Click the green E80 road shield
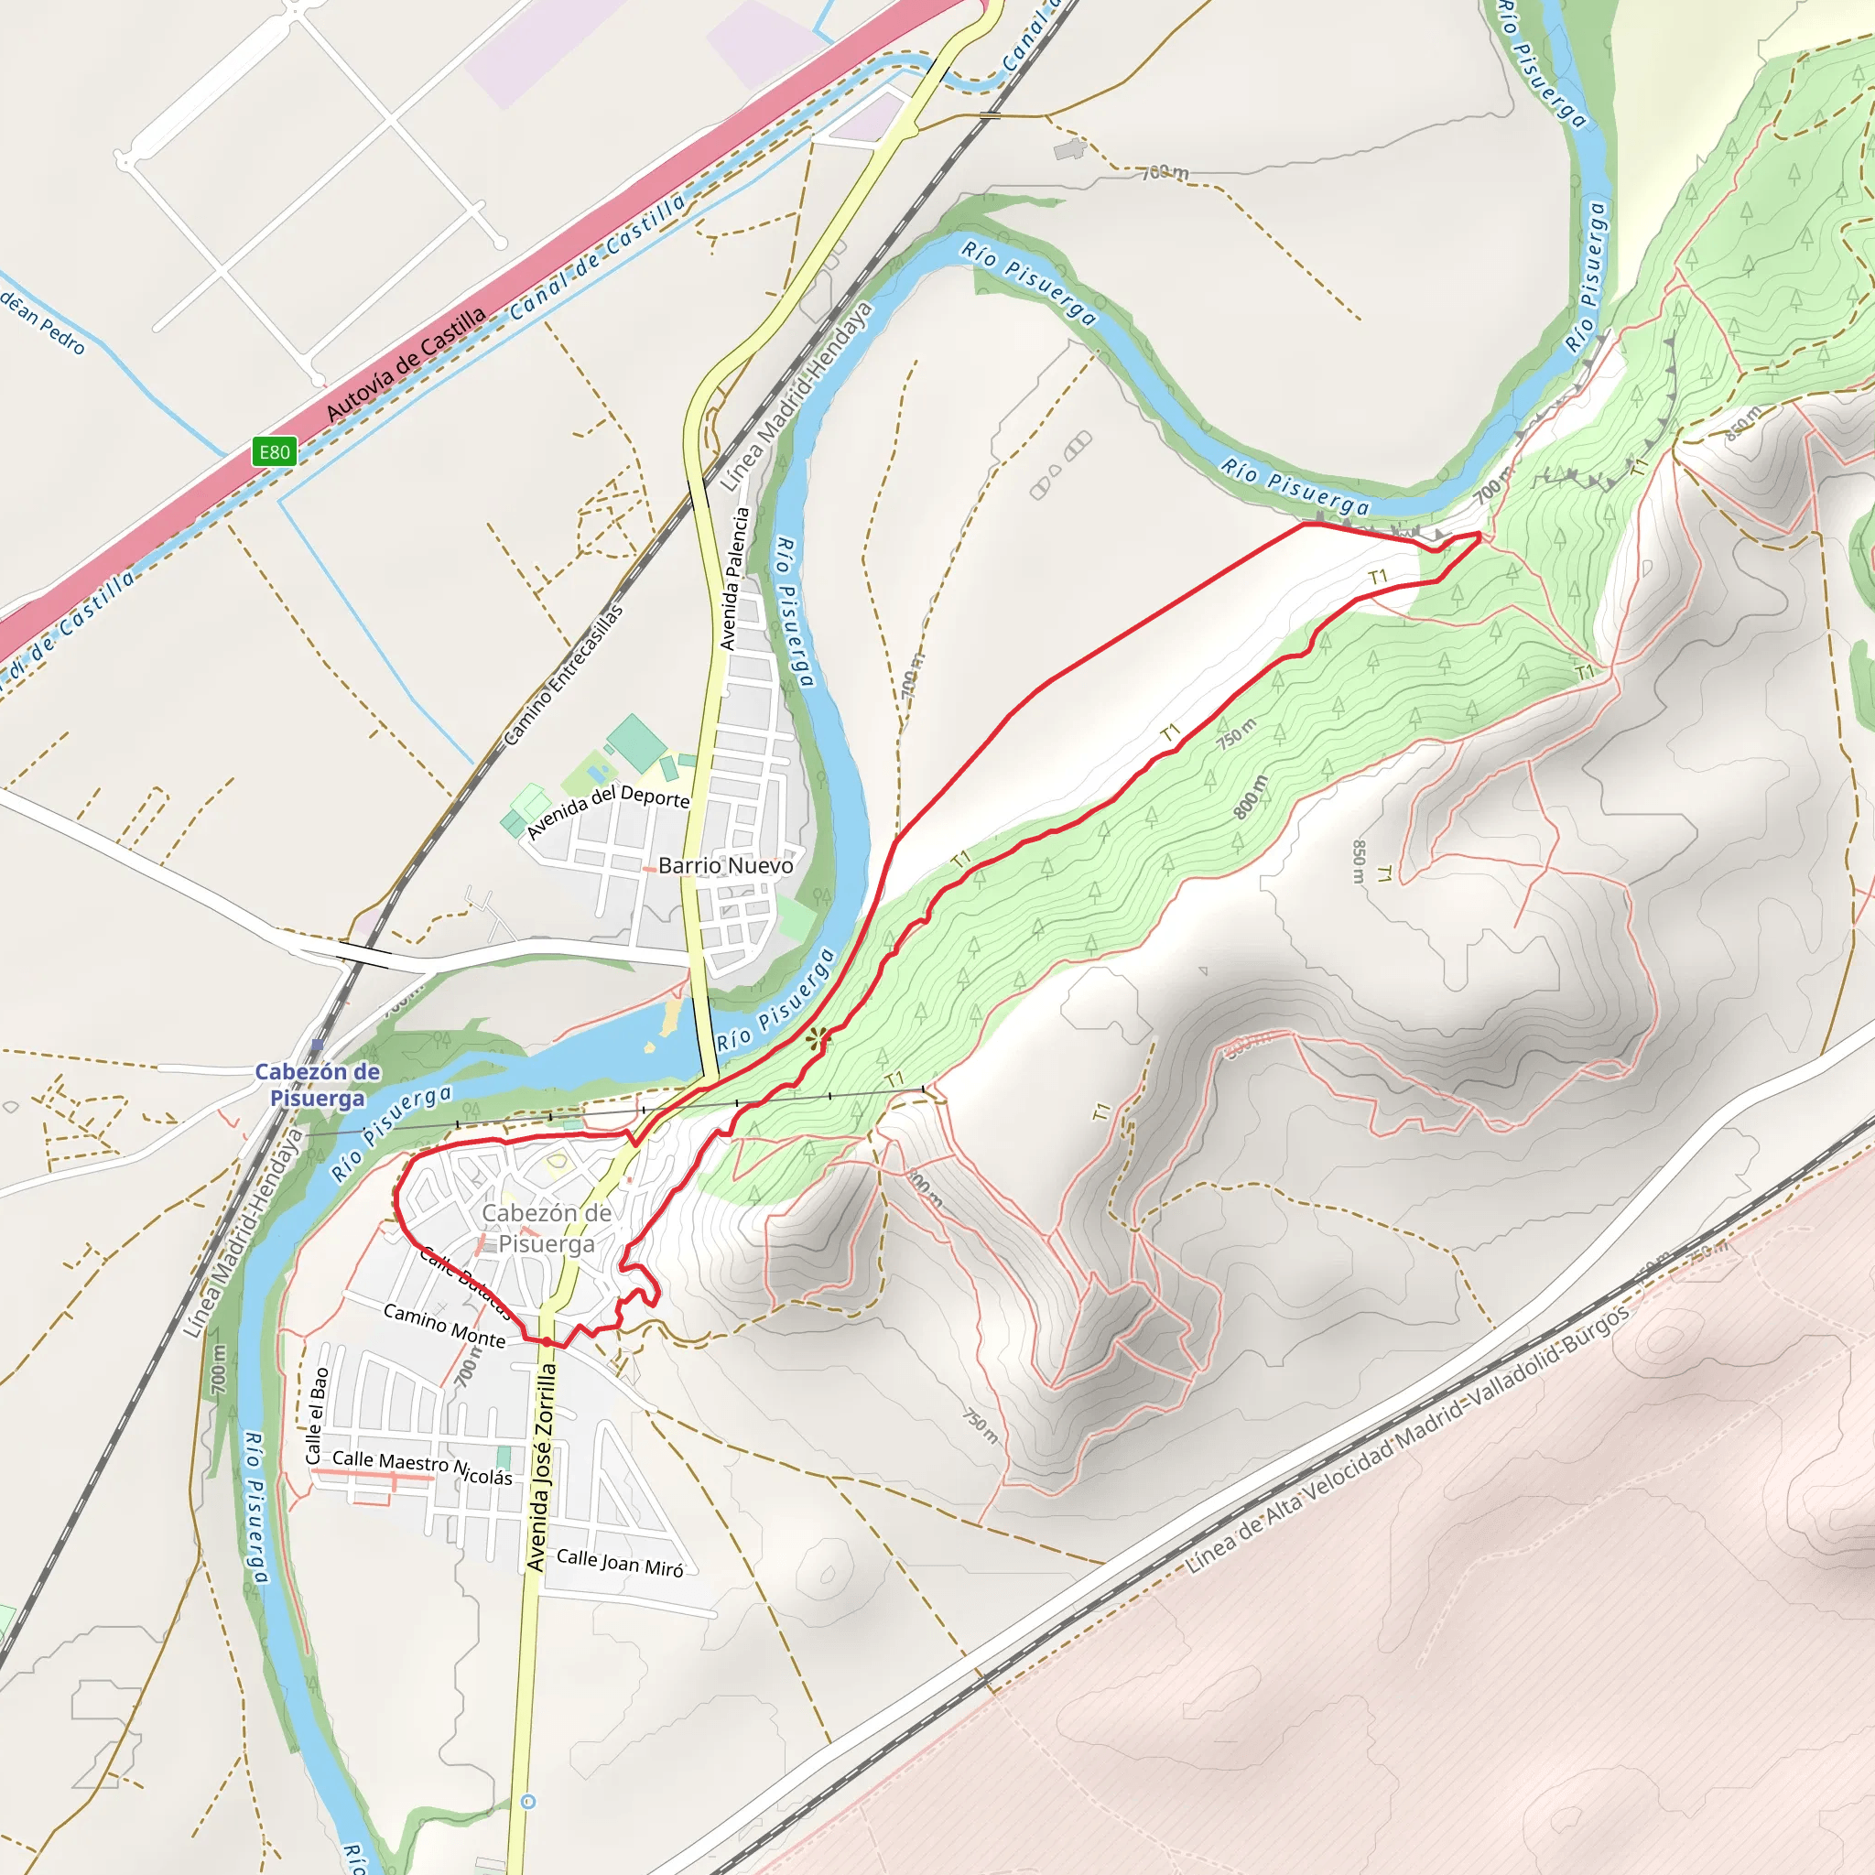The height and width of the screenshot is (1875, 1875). click(x=274, y=451)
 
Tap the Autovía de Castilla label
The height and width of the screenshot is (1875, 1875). click(x=405, y=365)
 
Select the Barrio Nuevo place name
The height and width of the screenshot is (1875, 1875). click(x=725, y=866)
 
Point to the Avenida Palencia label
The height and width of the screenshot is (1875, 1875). click(x=734, y=579)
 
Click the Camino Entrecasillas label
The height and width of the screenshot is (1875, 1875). click(x=563, y=676)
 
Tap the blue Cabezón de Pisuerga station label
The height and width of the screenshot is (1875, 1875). click(x=318, y=1085)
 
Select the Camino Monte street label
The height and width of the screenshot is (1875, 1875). click(x=444, y=1326)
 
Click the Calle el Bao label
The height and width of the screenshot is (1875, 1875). click(x=318, y=1416)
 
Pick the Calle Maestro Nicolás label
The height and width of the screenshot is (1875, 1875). click(x=422, y=1468)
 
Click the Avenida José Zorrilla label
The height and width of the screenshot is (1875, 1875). click(x=542, y=1468)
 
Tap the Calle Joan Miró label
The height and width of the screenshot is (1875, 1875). click(x=620, y=1563)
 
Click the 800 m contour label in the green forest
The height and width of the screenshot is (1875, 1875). click(x=1251, y=797)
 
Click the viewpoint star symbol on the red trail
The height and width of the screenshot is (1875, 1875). click(x=818, y=1038)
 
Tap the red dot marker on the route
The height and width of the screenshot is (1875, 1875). click(x=547, y=1342)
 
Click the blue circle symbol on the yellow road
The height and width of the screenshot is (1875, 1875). click(x=528, y=1802)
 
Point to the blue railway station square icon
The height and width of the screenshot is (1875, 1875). click(x=318, y=1046)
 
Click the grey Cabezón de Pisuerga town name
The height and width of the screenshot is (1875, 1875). click(x=547, y=1228)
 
